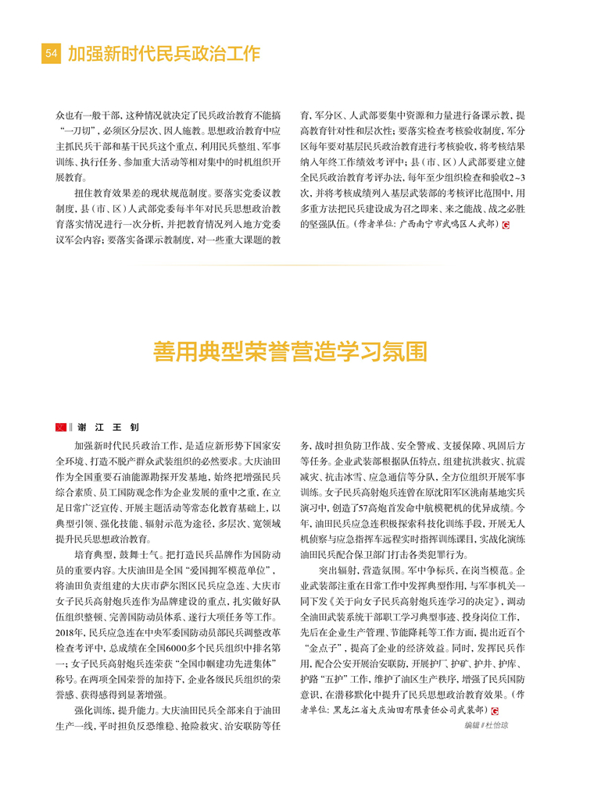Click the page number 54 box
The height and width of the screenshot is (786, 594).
pyautogui.click(x=51, y=54)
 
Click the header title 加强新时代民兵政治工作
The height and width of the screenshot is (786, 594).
pyautogui.click(x=163, y=54)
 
